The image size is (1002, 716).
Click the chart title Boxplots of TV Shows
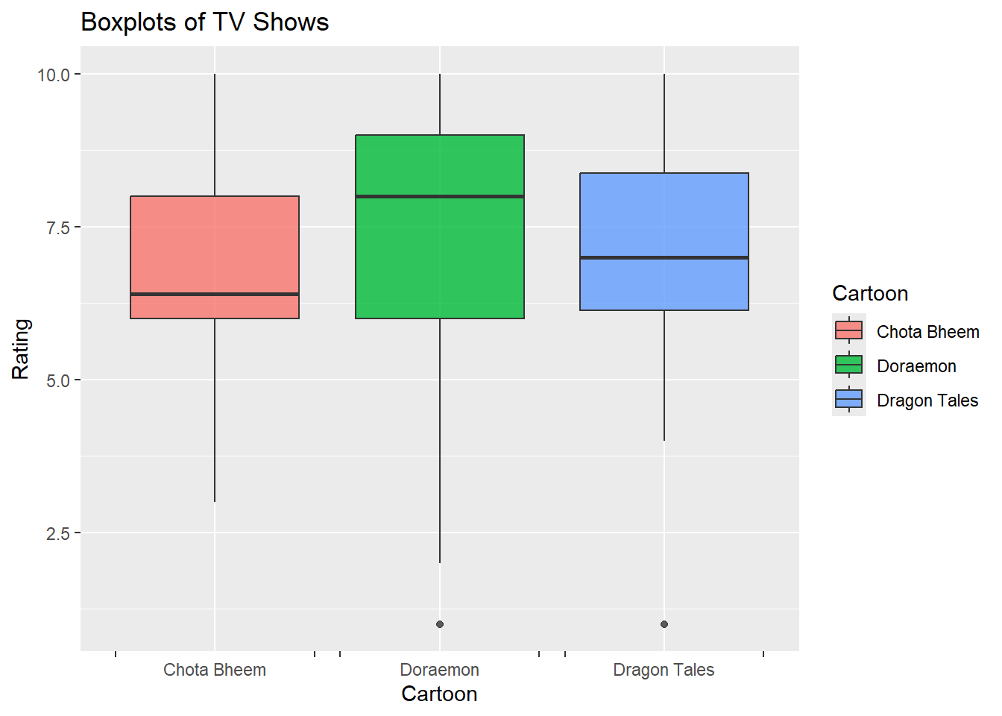(204, 22)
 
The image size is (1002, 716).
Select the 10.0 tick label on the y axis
(53, 75)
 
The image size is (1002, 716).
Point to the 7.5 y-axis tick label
(57, 227)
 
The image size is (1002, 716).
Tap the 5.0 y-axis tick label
(57, 380)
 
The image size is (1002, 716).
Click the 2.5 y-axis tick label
(57, 533)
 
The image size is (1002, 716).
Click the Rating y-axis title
(21, 349)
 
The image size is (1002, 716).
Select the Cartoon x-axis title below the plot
(439, 694)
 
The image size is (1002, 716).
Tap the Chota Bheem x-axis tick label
(215, 670)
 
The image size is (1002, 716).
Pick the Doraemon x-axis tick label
(439, 670)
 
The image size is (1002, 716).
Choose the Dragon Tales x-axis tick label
(664, 670)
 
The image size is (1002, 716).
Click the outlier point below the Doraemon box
(440, 624)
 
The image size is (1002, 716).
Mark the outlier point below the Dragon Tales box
(664, 624)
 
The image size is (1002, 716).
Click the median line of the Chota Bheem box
(215, 295)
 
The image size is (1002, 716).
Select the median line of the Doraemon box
(440, 197)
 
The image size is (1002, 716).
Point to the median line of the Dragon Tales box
(664, 258)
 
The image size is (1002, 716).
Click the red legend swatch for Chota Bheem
(849, 330)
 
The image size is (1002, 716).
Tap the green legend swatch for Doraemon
(849, 365)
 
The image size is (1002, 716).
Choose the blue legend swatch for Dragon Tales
(849, 399)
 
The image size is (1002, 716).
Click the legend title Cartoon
(870, 294)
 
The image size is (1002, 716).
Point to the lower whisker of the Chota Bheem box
(215, 410)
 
